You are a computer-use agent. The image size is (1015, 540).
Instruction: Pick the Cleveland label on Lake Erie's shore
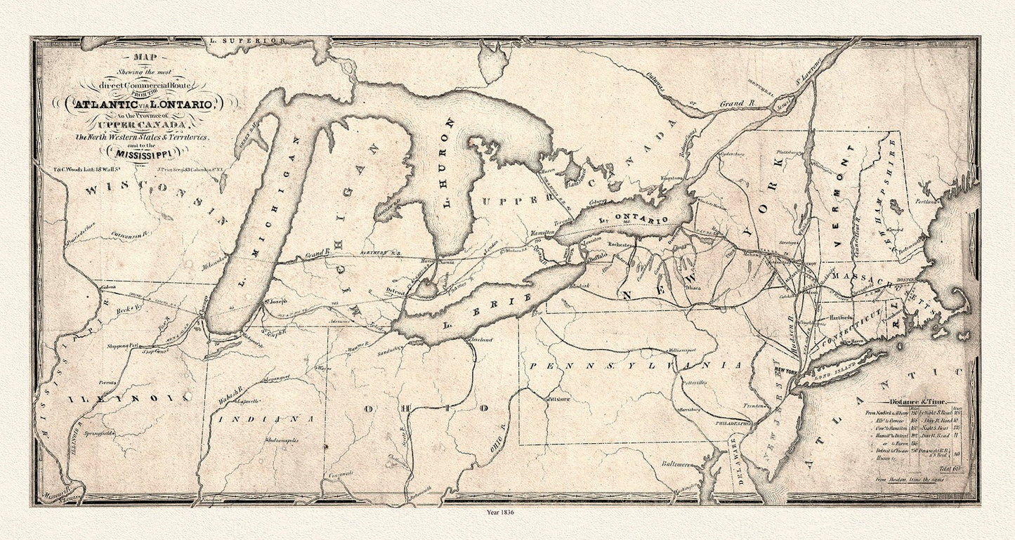point(480,340)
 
